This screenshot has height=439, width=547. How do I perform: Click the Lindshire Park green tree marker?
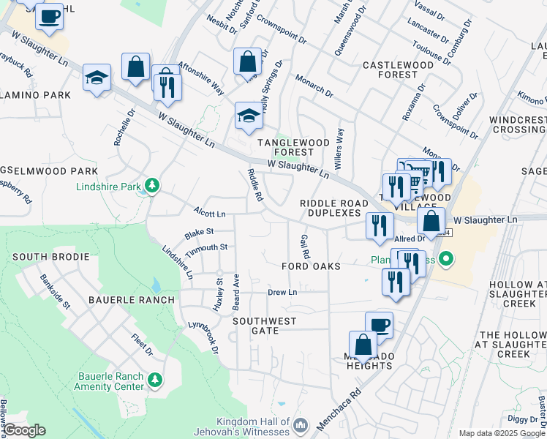point(152,186)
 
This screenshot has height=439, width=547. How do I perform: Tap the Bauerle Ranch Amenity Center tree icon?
point(154,380)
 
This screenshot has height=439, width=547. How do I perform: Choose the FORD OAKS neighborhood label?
point(311,267)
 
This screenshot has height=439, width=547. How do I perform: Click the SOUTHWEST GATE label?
point(265,326)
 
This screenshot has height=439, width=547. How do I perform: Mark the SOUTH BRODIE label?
point(50,258)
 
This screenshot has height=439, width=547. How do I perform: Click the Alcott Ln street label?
point(209,214)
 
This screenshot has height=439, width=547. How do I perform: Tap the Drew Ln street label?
point(282,292)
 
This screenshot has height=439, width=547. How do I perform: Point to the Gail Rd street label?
point(304,246)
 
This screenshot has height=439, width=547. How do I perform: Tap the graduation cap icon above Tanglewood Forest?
point(248,115)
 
